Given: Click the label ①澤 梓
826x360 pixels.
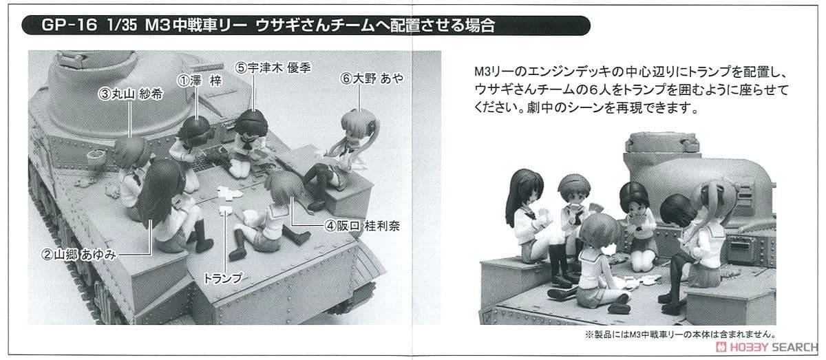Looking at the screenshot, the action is click(200, 81).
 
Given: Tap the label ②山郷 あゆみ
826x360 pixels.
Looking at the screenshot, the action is click(79, 255).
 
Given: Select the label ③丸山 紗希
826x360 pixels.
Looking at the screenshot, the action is click(131, 94).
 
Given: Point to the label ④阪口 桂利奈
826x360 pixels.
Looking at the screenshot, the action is click(363, 226).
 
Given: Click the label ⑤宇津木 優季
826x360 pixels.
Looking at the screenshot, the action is click(273, 68).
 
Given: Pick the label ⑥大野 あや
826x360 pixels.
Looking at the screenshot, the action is click(372, 78).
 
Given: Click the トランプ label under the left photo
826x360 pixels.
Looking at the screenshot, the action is click(223, 278).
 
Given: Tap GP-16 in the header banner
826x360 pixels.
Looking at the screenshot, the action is click(70, 25).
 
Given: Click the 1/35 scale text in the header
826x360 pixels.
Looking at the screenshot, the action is click(121, 25).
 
